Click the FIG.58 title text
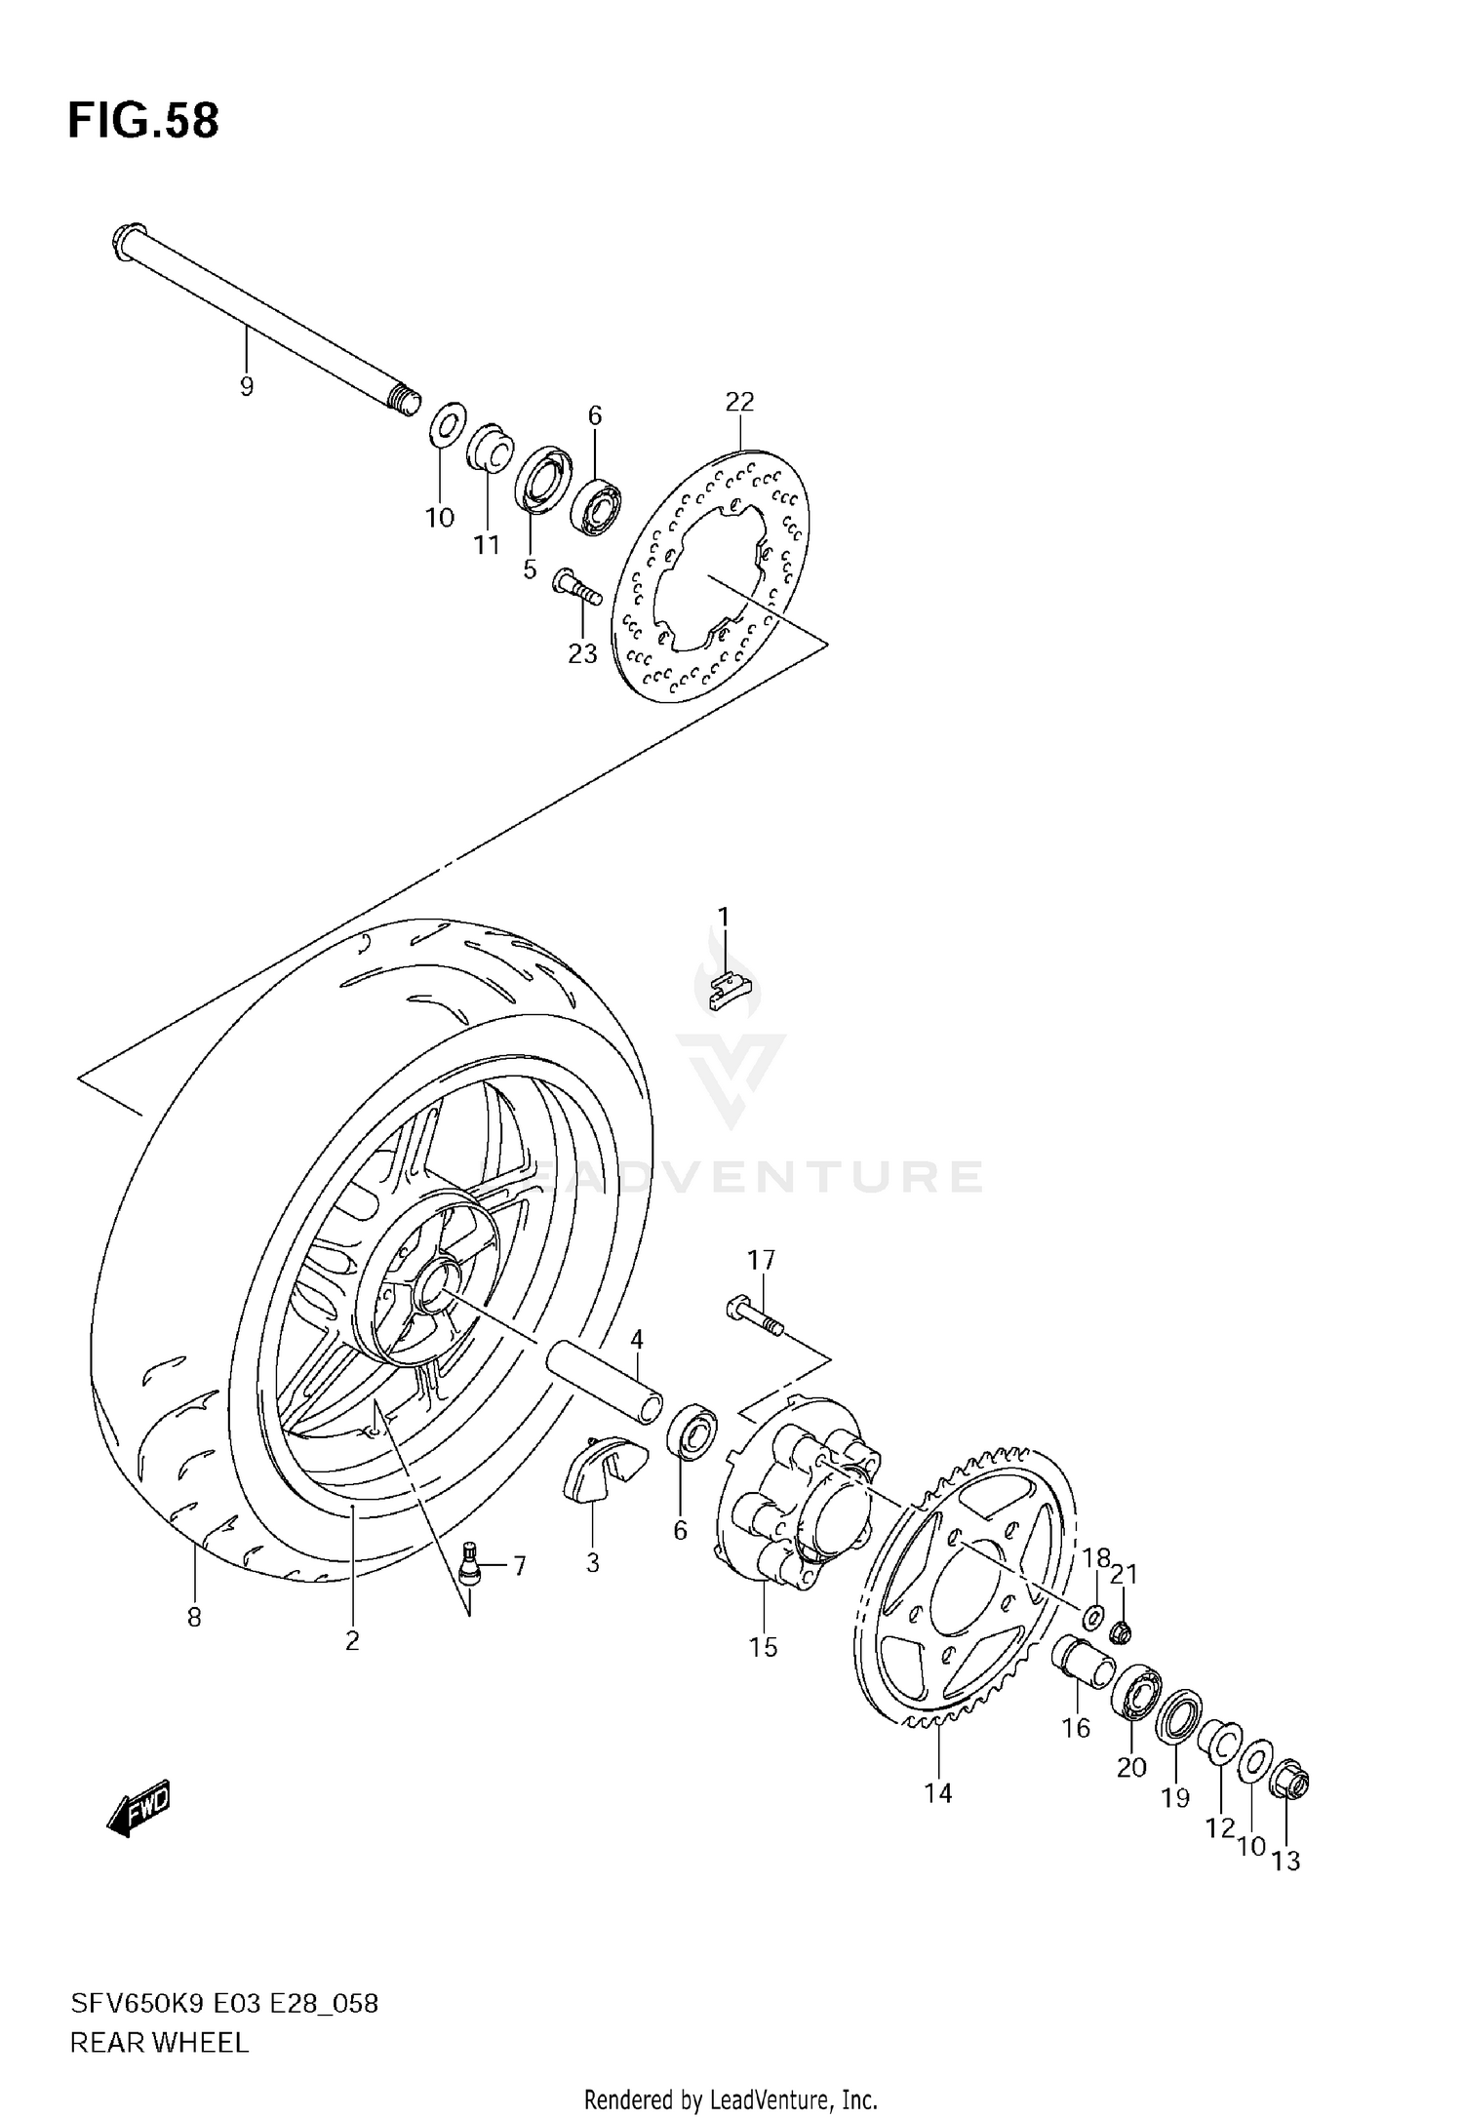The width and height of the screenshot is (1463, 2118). (x=143, y=122)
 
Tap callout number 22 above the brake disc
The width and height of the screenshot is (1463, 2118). (x=739, y=402)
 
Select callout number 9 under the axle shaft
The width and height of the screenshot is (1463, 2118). (x=246, y=387)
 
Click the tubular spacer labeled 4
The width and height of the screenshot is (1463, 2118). (x=604, y=1376)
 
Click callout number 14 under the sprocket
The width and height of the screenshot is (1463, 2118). (x=938, y=1792)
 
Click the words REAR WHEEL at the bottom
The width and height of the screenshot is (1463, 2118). (x=159, y=2043)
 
